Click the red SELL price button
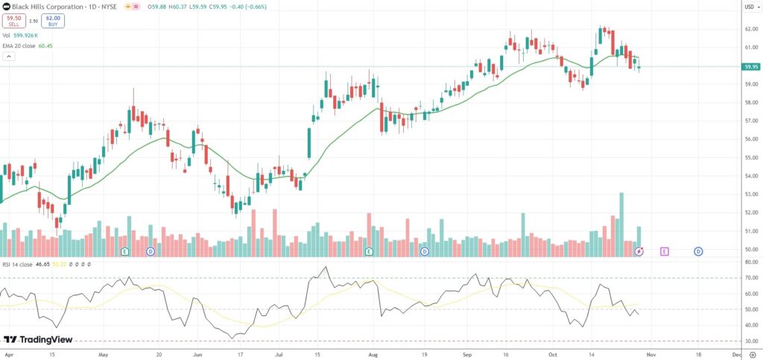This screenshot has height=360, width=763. tap(13, 22)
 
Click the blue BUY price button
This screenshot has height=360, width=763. tap(53, 22)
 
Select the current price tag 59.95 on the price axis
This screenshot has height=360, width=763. tap(750, 66)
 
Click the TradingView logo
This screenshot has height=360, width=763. tap(39, 340)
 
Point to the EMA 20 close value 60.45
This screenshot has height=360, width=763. tap(47, 45)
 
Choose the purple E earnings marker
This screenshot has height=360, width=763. tap(664, 252)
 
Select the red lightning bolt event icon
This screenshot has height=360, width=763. tap(639, 252)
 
